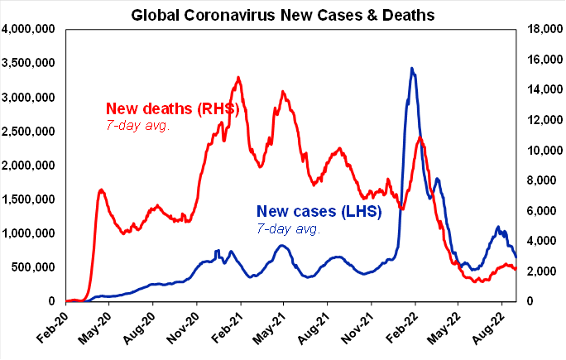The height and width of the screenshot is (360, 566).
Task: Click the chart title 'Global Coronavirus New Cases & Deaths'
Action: pos(283,14)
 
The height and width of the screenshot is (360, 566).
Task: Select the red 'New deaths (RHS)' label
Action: pos(172,109)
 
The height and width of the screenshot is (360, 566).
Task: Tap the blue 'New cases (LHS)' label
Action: pos(319,212)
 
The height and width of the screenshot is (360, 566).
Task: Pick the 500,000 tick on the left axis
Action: pos(34,267)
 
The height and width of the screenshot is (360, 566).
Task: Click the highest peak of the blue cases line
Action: pos(412,69)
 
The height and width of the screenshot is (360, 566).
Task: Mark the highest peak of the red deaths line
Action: pos(238,78)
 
